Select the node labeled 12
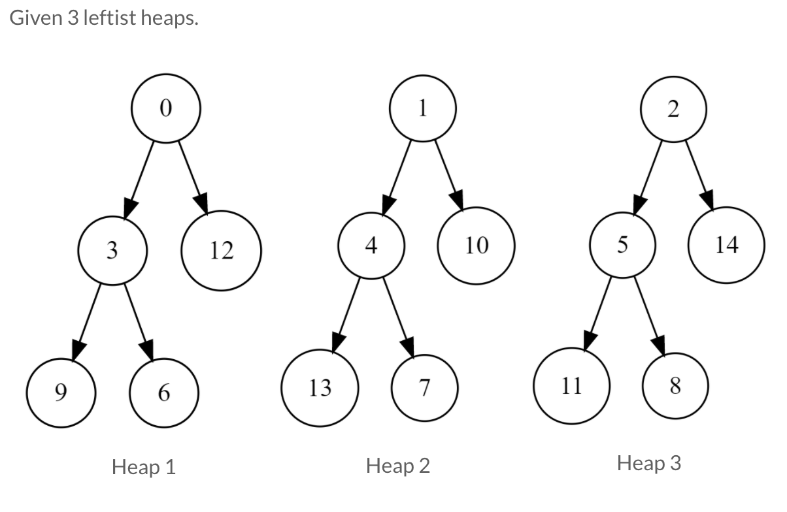[x=222, y=249]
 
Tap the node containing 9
[x=61, y=392]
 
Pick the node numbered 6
[x=164, y=392]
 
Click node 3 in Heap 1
[x=112, y=250]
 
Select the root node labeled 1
[x=423, y=108]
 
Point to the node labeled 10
[x=477, y=246]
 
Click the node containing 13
[x=320, y=389]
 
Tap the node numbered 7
[x=424, y=389]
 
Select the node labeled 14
[x=726, y=245]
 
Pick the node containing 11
[x=571, y=387]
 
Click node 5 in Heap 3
[x=622, y=245]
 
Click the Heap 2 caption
[x=398, y=466]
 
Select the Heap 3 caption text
[x=649, y=464]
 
